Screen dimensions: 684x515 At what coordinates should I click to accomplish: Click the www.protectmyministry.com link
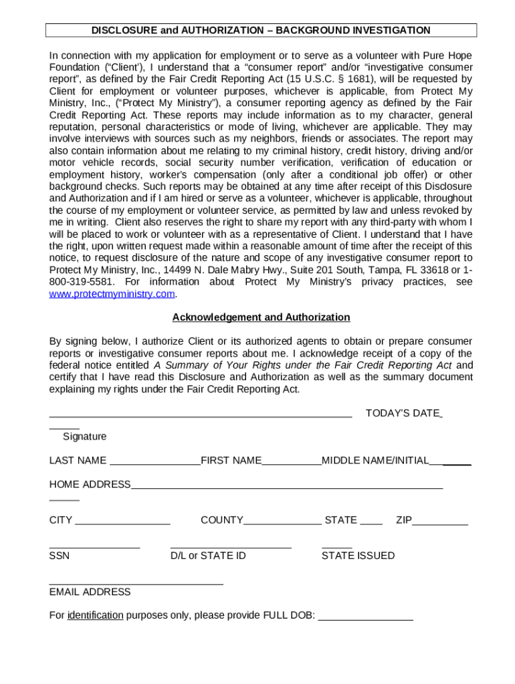click(112, 294)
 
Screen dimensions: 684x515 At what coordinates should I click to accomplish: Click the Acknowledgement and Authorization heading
click(261, 317)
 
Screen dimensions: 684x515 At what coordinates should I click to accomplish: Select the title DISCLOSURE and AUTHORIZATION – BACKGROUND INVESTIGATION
click(261, 30)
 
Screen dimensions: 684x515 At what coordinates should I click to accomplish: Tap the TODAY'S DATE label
click(402, 413)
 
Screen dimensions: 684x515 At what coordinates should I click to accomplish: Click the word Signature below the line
click(84, 437)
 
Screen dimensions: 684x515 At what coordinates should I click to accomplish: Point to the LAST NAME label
click(78, 461)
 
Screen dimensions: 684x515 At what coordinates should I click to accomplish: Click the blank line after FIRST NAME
click(292, 462)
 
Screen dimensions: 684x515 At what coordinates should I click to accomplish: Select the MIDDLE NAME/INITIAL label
click(375, 461)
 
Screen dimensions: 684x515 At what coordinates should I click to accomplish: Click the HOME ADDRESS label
click(90, 484)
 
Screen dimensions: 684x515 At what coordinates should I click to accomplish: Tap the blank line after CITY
click(123, 522)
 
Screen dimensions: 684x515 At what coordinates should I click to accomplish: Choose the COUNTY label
click(222, 520)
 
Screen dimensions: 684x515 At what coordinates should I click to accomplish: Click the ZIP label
click(403, 520)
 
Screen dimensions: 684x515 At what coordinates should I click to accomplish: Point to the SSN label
click(59, 556)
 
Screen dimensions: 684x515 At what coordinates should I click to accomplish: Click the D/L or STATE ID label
click(208, 556)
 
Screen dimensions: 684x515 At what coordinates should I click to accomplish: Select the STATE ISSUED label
click(358, 556)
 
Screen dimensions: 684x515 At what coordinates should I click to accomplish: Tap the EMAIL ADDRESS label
click(90, 592)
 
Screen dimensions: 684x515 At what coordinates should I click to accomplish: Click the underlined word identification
click(95, 616)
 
